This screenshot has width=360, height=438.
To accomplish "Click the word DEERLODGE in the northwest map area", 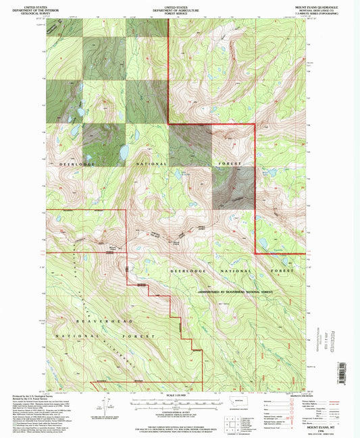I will (66, 163).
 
